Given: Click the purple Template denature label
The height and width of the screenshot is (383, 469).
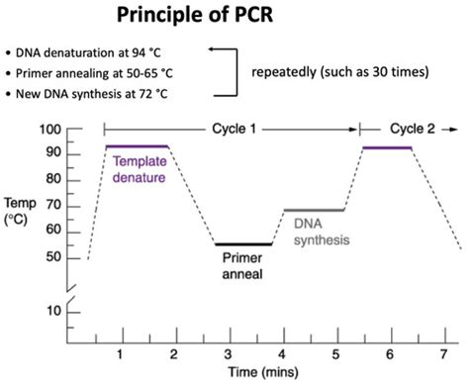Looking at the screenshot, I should (x=140, y=170).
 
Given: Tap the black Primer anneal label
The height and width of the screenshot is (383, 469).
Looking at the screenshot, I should (x=243, y=264).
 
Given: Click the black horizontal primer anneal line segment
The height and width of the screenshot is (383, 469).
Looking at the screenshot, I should (x=243, y=243).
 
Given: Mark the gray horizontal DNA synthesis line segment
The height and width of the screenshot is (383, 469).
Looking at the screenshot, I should (x=315, y=210).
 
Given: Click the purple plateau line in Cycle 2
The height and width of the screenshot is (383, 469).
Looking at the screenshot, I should (x=387, y=147).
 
